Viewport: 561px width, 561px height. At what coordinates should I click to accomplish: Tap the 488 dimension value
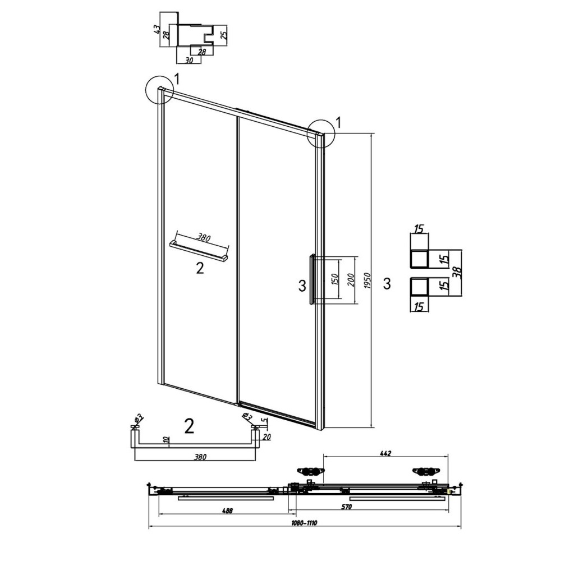[x=227, y=511]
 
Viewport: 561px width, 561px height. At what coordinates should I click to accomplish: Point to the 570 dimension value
[x=346, y=507]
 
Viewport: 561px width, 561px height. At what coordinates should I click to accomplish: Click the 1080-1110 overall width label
[x=304, y=523]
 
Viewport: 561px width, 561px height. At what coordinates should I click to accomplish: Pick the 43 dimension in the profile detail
[x=157, y=29]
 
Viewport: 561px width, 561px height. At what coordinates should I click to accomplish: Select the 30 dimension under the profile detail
[x=189, y=60]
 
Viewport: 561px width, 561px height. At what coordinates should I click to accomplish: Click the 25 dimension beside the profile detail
[x=224, y=35]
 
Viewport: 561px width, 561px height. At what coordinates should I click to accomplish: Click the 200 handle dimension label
[x=351, y=280]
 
